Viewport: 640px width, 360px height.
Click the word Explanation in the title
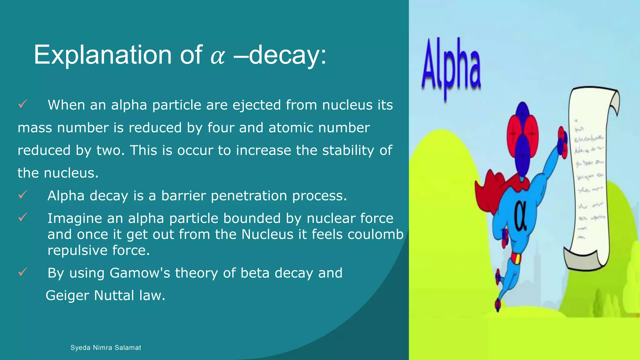click(x=102, y=55)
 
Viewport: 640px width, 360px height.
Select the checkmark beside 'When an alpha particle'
click(x=23, y=104)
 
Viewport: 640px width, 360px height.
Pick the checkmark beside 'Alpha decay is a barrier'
click(x=23, y=195)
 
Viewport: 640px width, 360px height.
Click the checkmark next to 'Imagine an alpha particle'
click(x=23, y=217)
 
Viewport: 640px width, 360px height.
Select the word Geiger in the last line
click(x=67, y=295)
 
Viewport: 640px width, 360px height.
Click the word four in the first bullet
click(x=221, y=128)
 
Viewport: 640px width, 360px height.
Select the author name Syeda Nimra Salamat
click(x=106, y=347)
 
